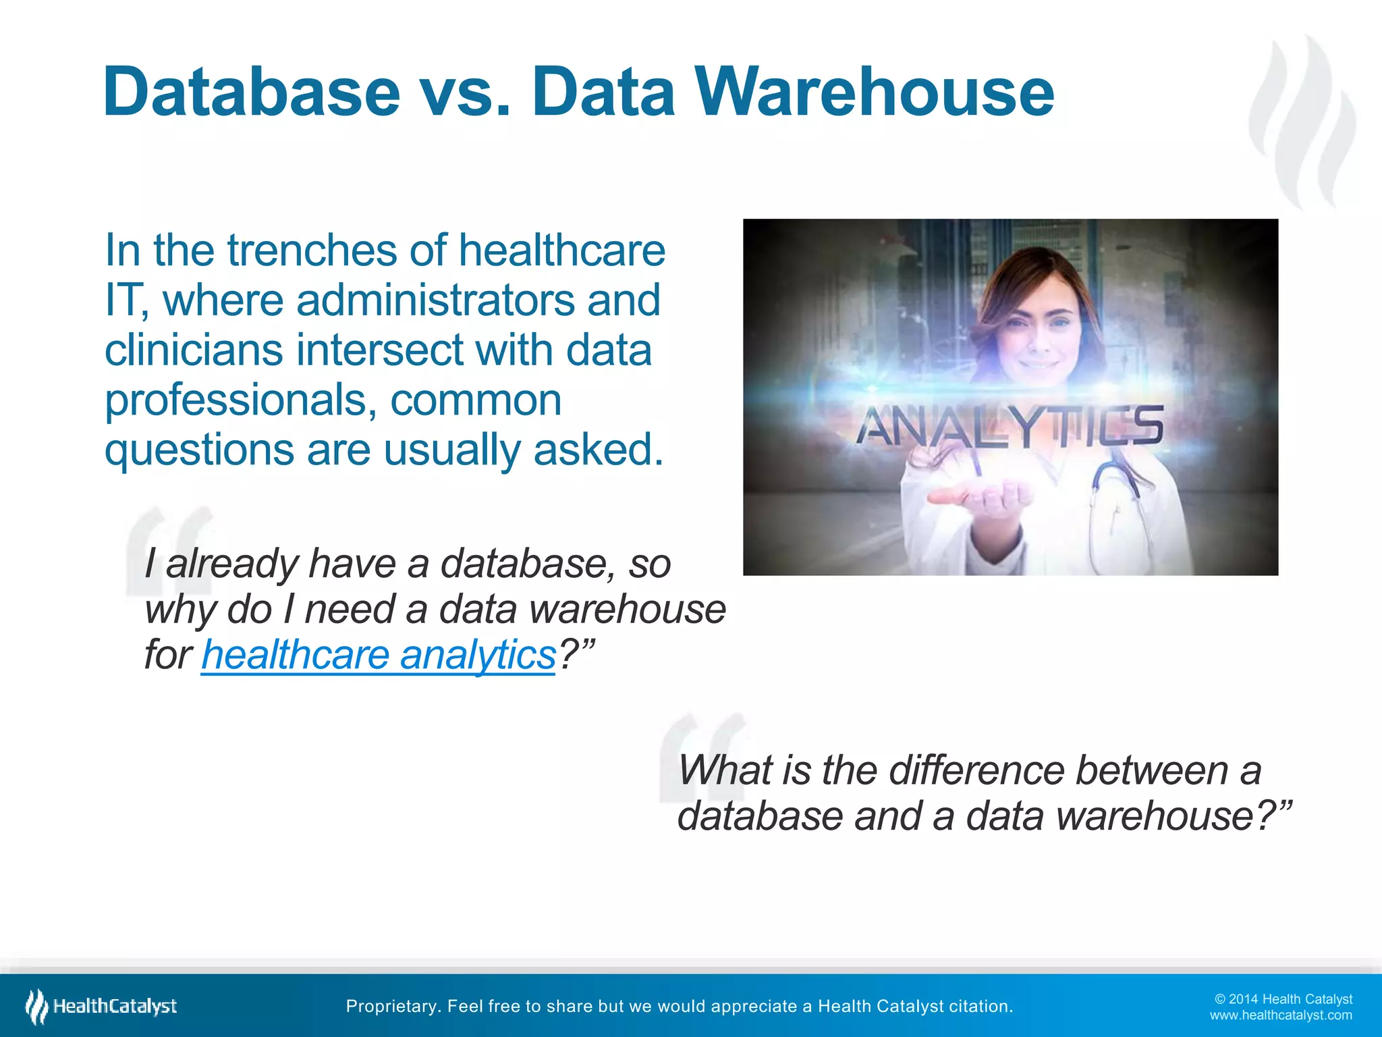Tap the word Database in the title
click(x=252, y=92)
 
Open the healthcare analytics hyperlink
click(x=378, y=655)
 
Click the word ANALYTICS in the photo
click(x=1010, y=427)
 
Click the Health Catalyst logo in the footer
click(x=101, y=1006)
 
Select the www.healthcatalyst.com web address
click(x=1281, y=1015)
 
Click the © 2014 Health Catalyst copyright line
click(x=1283, y=999)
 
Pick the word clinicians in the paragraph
click(x=193, y=350)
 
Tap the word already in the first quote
click(x=231, y=564)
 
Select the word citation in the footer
click(x=980, y=1007)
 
